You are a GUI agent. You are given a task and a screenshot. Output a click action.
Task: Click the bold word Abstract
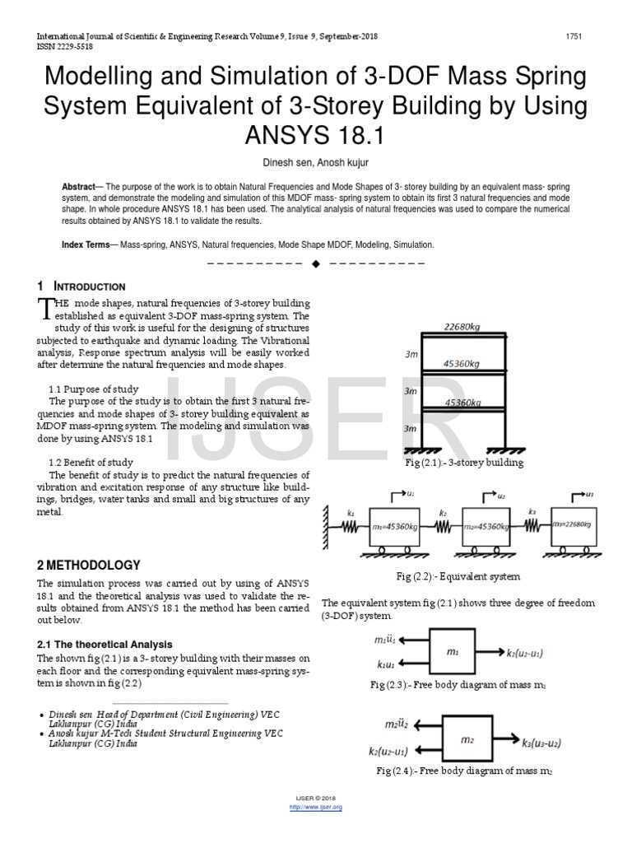click(x=79, y=187)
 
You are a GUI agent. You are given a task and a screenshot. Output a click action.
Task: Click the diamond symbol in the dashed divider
click(x=315, y=264)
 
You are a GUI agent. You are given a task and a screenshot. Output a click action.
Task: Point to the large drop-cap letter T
click(x=46, y=308)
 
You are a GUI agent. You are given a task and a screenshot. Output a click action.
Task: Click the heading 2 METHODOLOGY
click(x=89, y=565)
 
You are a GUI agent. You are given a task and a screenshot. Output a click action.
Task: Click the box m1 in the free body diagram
click(x=452, y=651)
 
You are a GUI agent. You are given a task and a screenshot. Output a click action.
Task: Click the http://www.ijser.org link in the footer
click(x=316, y=807)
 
